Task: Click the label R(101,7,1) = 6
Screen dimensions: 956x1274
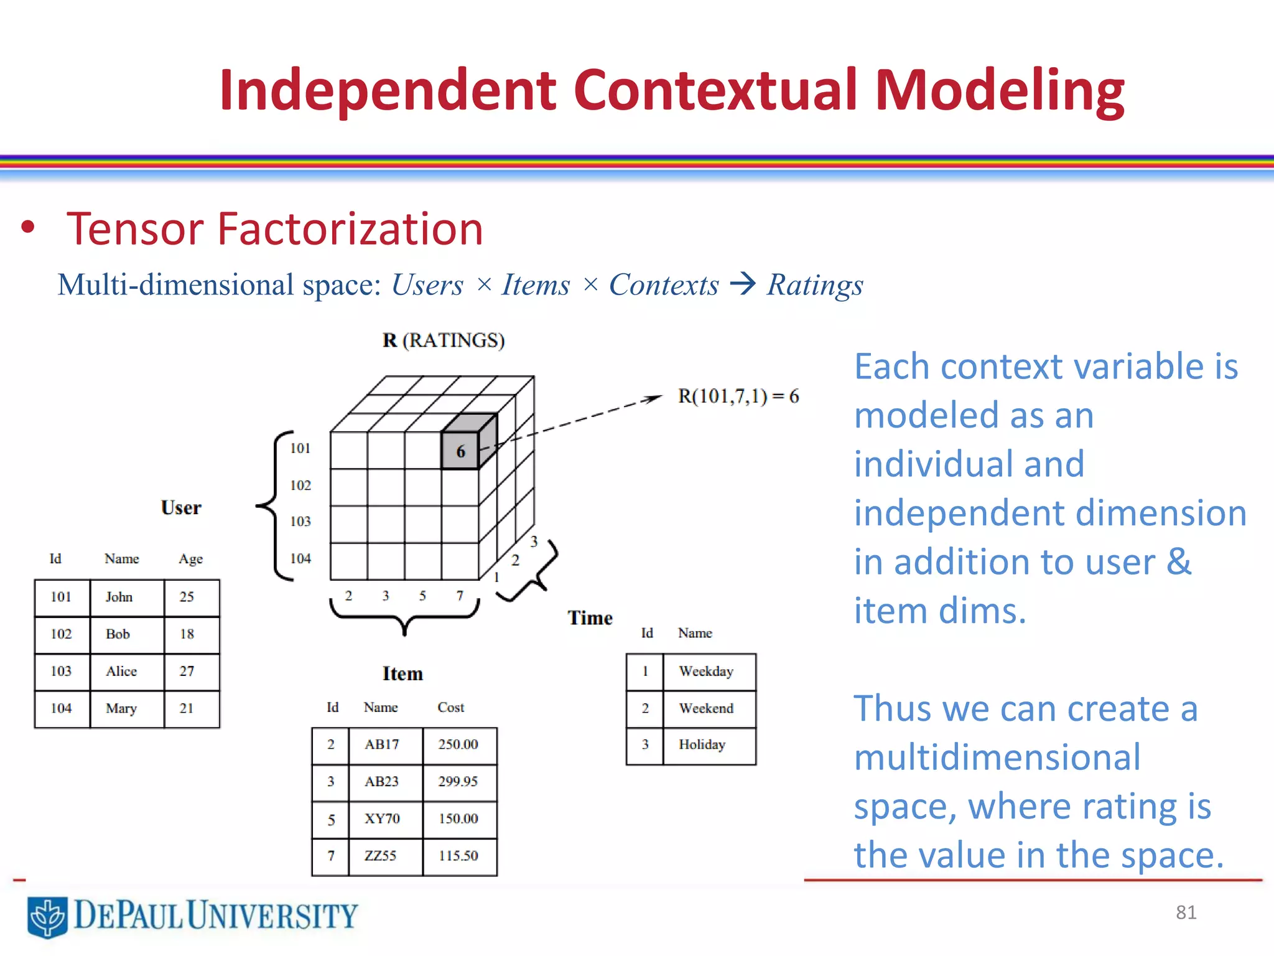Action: point(738,396)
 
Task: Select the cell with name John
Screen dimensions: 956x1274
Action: point(119,597)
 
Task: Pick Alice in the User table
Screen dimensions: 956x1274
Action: point(121,671)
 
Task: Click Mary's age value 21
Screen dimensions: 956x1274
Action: point(187,708)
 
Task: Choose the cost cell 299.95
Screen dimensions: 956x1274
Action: point(458,782)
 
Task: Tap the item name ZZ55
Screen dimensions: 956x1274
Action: point(381,856)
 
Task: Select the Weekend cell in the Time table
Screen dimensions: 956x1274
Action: point(706,708)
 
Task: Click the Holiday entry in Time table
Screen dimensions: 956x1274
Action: point(702,745)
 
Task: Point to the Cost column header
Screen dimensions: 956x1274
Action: point(450,707)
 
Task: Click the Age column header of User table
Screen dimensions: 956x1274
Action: point(190,559)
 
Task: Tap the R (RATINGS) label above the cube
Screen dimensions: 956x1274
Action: point(444,340)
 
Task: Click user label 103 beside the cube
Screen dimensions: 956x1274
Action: point(300,522)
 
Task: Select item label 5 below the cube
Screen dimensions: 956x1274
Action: point(422,596)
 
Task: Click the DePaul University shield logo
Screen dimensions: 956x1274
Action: point(47,917)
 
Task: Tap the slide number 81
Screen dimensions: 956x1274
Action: point(1186,912)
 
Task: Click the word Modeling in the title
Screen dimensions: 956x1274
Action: point(1000,91)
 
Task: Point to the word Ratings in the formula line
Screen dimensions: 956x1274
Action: point(815,286)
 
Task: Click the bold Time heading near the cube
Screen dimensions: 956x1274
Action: point(590,618)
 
